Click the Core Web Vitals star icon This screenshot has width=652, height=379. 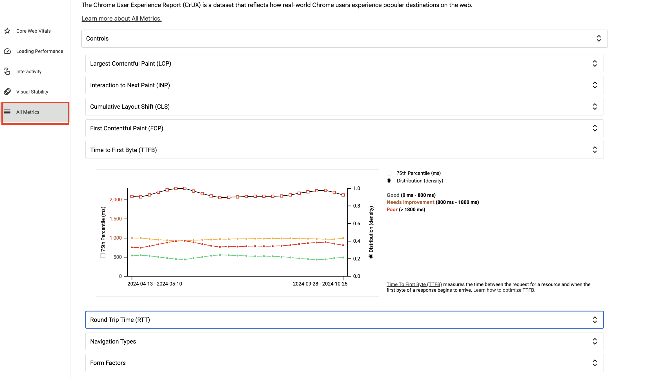(7, 31)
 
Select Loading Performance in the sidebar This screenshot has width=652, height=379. (39, 51)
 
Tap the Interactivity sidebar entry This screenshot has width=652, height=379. (29, 72)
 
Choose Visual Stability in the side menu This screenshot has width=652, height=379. (32, 92)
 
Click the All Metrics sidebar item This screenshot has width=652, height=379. (28, 112)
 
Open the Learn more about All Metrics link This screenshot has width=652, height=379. (121, 19)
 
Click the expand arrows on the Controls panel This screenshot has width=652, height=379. (599, 39)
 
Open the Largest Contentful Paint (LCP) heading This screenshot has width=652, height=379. (130, 64)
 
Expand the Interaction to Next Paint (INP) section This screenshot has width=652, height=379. (130, 85)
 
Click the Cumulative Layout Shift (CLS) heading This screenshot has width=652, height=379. (130, 107)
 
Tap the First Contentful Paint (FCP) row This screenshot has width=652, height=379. (127, 128)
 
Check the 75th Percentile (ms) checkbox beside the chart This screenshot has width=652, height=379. (389, 173)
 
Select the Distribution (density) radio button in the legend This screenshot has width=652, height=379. (389, 181)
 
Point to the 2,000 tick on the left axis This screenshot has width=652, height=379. (116, 200)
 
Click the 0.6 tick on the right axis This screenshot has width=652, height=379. (356, 224)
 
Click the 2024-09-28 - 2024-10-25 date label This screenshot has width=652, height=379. (320, 284)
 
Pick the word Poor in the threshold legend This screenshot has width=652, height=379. (392, 209)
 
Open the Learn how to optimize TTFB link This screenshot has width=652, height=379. (504, 290)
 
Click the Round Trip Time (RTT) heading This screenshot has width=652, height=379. (120, 320)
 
